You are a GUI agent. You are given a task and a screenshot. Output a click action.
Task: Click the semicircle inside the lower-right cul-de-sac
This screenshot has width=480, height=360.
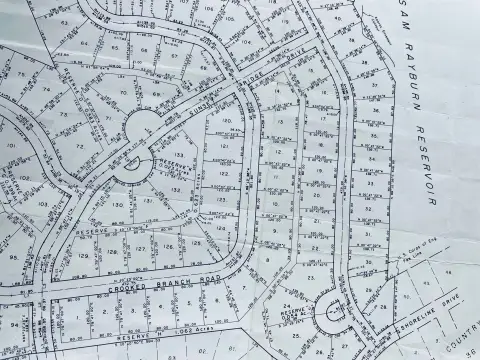[x=331, y=318]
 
